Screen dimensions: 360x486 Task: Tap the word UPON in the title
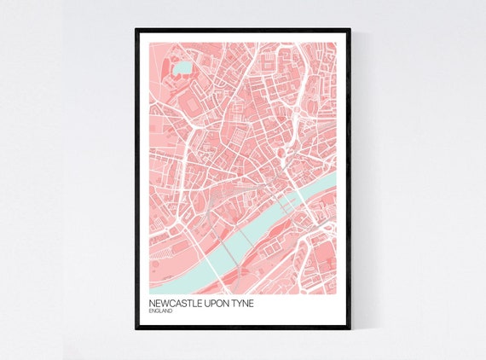pyautogui.click(x=213, y=304)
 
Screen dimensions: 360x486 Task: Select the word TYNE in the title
pyautogui.click(x=241, y=304)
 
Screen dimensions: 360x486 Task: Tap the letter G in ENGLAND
pyautogui.click(x=159, y=312)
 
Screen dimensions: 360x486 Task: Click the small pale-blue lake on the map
pyautogui.click(x=182, y=67)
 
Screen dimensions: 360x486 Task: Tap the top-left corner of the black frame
pyautogui.click(x=136, y=30)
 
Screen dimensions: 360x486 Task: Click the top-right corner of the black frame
pyautogui.click(x=349, y=30)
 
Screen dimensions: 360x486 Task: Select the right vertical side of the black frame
pyautogui.click(x=349, y=179)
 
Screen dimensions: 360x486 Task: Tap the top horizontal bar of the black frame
pyautogui.click(x=243, y=30)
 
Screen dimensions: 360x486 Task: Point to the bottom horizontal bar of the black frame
pyautogui.click(x=243, y=328)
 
